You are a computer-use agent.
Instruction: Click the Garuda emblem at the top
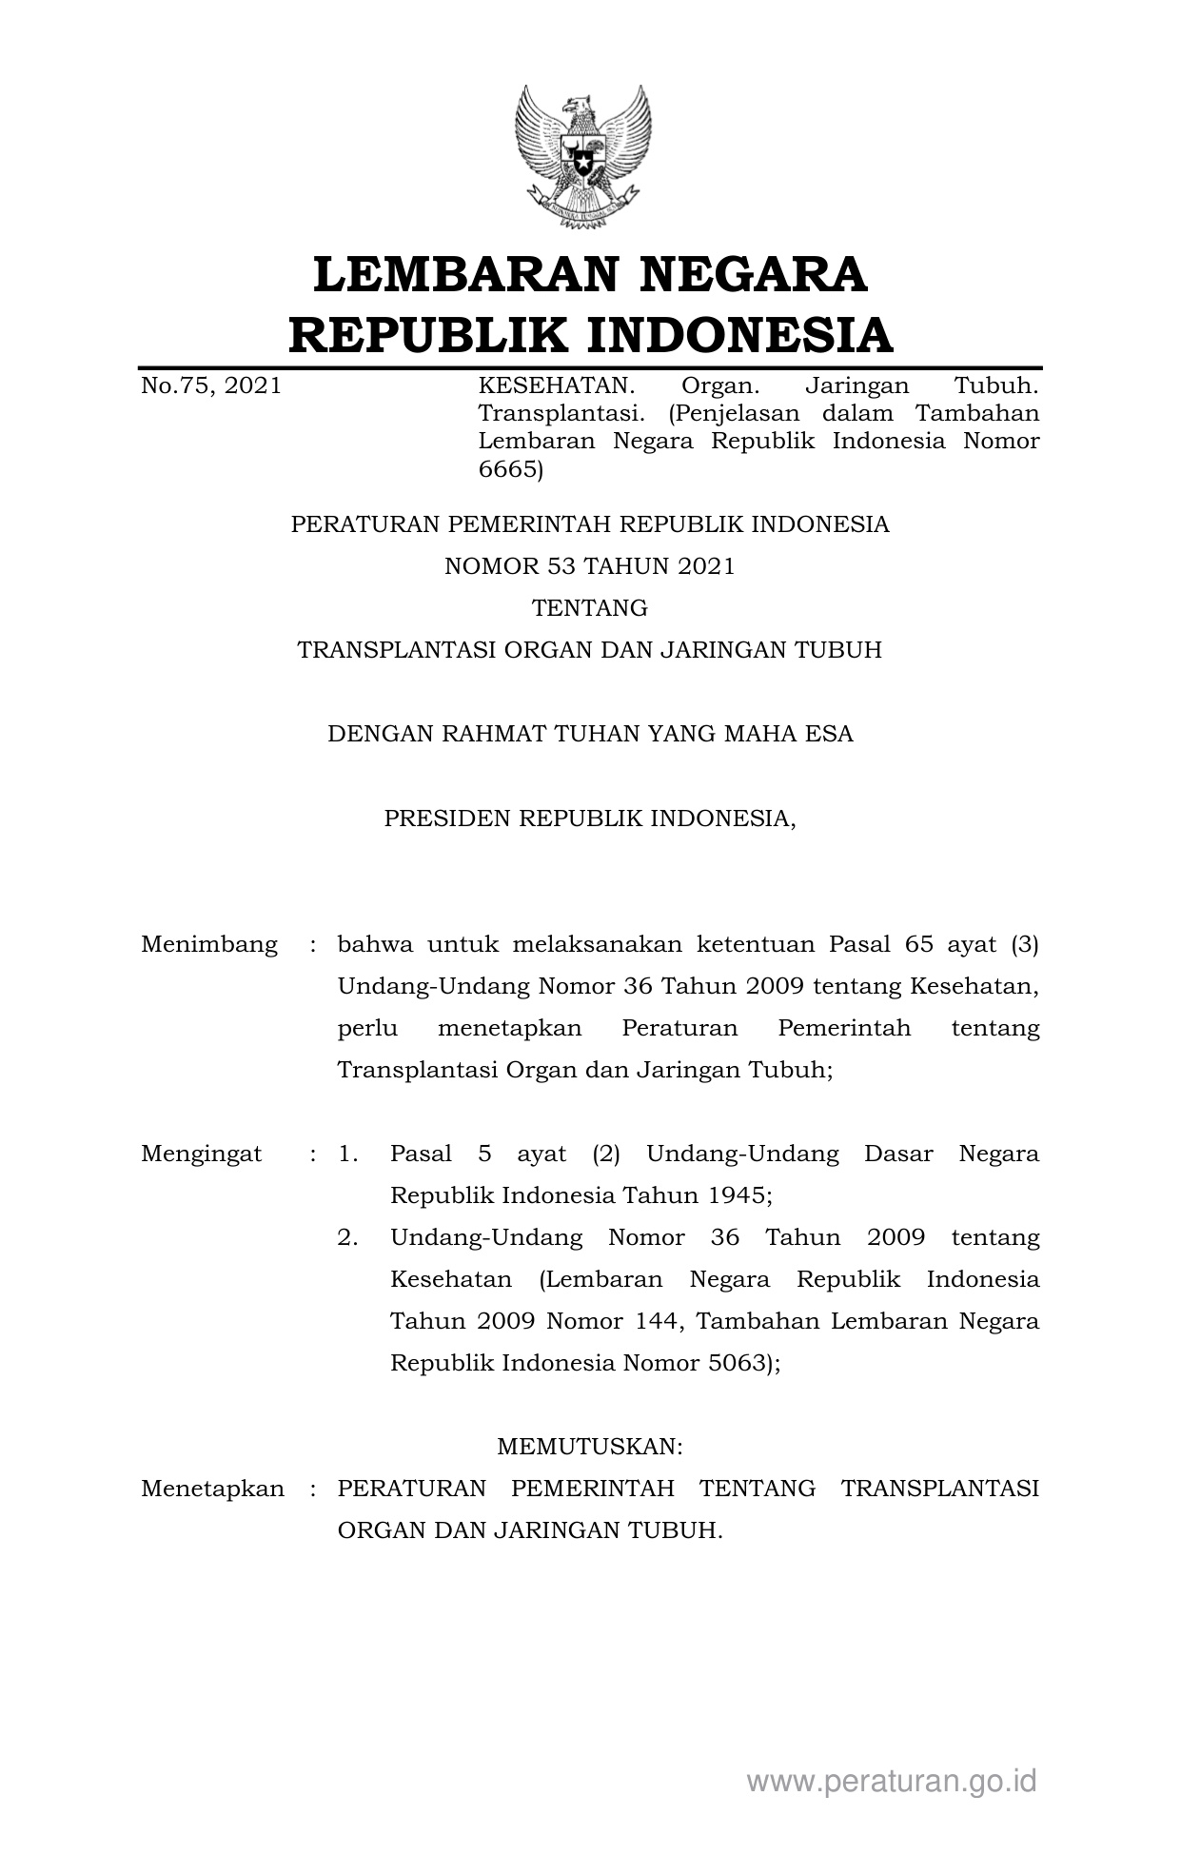click(x=583, y=157)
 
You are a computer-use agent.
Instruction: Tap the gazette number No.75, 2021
click(x=211, y=385)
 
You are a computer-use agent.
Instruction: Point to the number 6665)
click(x=510, y=469)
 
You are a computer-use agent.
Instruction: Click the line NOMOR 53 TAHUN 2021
click(x=590, y=566)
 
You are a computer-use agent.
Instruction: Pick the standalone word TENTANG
click(x=590, y=608)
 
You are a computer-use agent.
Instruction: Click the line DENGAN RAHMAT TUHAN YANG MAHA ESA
click(x=590, y=734)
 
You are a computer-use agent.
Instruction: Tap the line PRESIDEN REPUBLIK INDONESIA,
click(x=590, y=818)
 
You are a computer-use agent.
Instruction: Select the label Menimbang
click(x=209, y=944)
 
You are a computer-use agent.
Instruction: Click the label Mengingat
click(x=202, y=1154)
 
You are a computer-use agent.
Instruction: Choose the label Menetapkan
click(x=212, y=1489)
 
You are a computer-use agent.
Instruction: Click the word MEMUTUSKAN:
click(x=590, y=1447)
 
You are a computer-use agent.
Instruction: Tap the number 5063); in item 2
click(x=744, y=1363)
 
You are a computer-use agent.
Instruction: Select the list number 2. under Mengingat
click(x=348, y=1237)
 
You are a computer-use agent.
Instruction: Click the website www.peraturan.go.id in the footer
click(x=892, y=1781)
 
